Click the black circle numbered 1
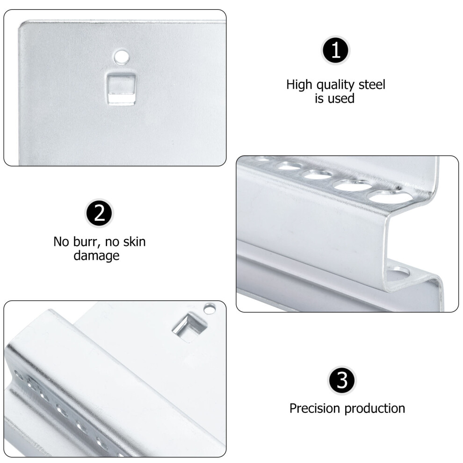pos(336,50)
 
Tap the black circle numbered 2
pos(99,213)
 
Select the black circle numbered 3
pos(342,381)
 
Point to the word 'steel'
pos(372,85)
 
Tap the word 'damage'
pos(96,256)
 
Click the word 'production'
pos(375,409)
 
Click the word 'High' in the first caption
pos(299,85)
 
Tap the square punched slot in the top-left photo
pos(121,89)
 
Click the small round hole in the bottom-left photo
pos(210,309)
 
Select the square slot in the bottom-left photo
pos(189,328)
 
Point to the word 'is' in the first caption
pos(319,99)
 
